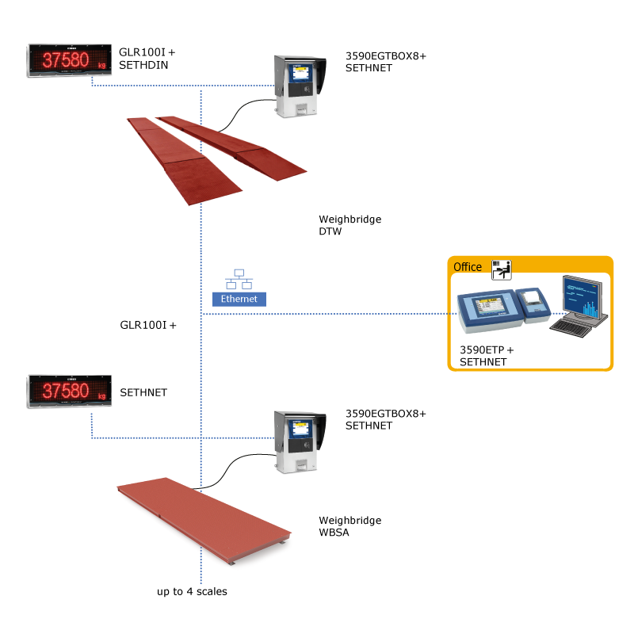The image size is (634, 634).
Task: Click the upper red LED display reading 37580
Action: pyautogui.click(x=69, y=60)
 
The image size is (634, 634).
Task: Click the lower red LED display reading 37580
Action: pyautogui.click(x=69, y=391)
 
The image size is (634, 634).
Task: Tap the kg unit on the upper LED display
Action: pyautogui.click(x=101, y=66)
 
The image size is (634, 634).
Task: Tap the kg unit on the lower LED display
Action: pyautogui.click(x=101, y=396)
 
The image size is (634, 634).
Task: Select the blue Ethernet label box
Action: pyautogui.click(x=239, y=299)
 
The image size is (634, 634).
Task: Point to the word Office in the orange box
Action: pyautogui.click(x=468, y=267)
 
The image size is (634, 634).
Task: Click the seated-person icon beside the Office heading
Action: pyautogui.click(x=502, y=269)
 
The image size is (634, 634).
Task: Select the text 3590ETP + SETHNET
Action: pyautogui.click(x=487, y=356)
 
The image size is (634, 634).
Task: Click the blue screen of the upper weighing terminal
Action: pyautogui.click(x=301, y=74)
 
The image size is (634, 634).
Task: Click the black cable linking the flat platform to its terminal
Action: pyautogui.click(x=234, y=468)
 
